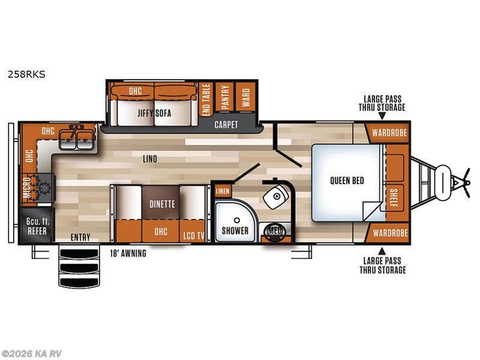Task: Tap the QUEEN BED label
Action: point(347,181)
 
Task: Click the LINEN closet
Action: point(222,191)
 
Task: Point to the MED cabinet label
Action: point(275,230)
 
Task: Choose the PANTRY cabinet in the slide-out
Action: point(224,95)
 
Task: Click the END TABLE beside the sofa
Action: point(205,99)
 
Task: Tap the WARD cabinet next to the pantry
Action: point(245,95)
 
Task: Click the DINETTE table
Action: point(162,204)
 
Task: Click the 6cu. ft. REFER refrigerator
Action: point(37,226)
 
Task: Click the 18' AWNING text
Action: point(127,253)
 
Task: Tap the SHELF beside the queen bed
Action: point(393,197)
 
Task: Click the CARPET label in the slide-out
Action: point(226,125)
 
